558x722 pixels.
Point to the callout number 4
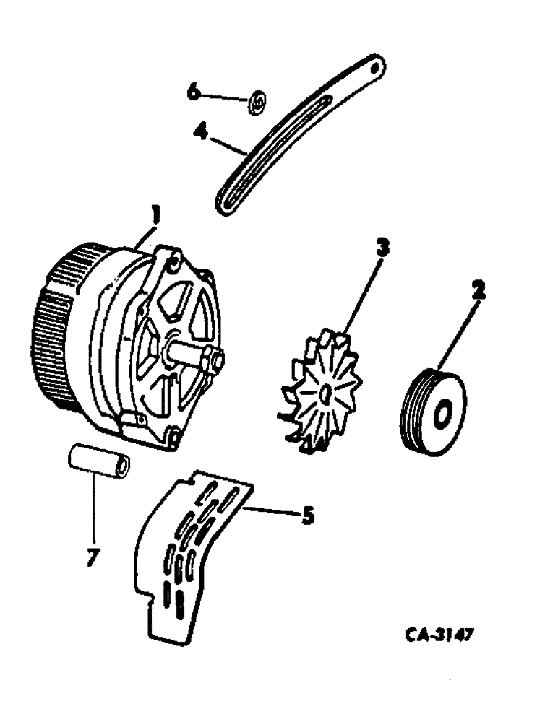pos(202,132)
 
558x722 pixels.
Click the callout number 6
pos(193,93)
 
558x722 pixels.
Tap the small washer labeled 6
pos(257,103)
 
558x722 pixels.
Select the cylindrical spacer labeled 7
pos(100,461)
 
